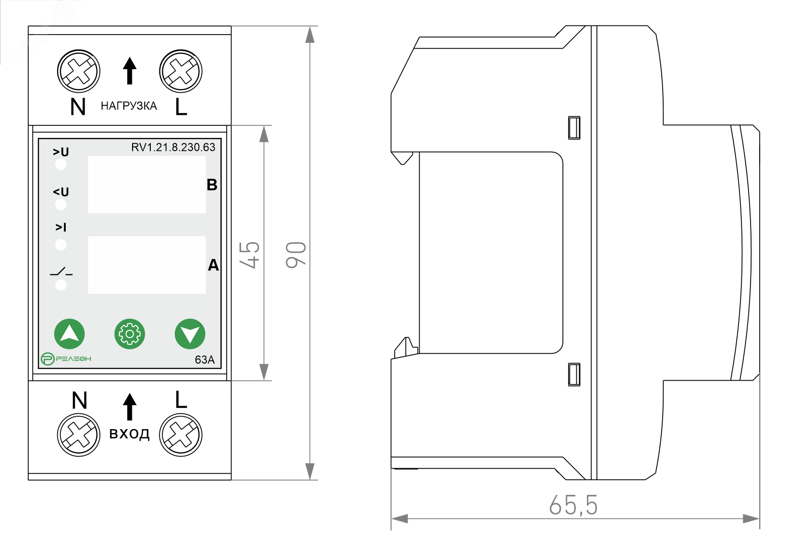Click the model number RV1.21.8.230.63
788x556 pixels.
coord(173,147)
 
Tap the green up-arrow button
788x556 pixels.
coord(70,334)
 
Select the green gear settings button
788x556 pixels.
coord(130,334)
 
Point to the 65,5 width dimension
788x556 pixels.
coord(573,505)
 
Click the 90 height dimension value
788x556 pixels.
coord(296,255)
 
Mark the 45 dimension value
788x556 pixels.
coord(250,255)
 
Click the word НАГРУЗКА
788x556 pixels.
coord(129,106)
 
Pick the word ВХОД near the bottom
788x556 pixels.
coord(129,434)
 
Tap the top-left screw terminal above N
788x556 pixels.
coord(79,71)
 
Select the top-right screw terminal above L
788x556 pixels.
coord(181,71)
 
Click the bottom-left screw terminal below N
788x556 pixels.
coord(79,435)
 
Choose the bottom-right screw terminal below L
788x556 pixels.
coord(181,435)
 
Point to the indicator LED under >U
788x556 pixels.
coord(61,165)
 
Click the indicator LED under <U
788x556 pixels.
coord(61,205)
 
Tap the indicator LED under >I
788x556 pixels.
coord(61,245)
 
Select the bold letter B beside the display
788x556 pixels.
coord(212,185)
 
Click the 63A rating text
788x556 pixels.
coord(205,360)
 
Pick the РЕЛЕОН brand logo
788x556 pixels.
coord(66,358)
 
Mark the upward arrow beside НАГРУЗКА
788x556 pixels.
coord(129,71)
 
